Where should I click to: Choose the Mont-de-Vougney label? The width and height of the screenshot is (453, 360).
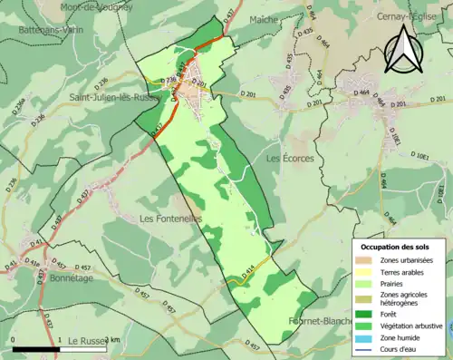(x=96, y=6)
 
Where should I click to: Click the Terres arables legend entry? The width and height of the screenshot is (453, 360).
(x=402, y=270)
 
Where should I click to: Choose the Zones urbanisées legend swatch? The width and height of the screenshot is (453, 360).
(x=365, y=260)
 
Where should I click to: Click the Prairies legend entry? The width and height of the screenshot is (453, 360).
(x=395, y=282)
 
